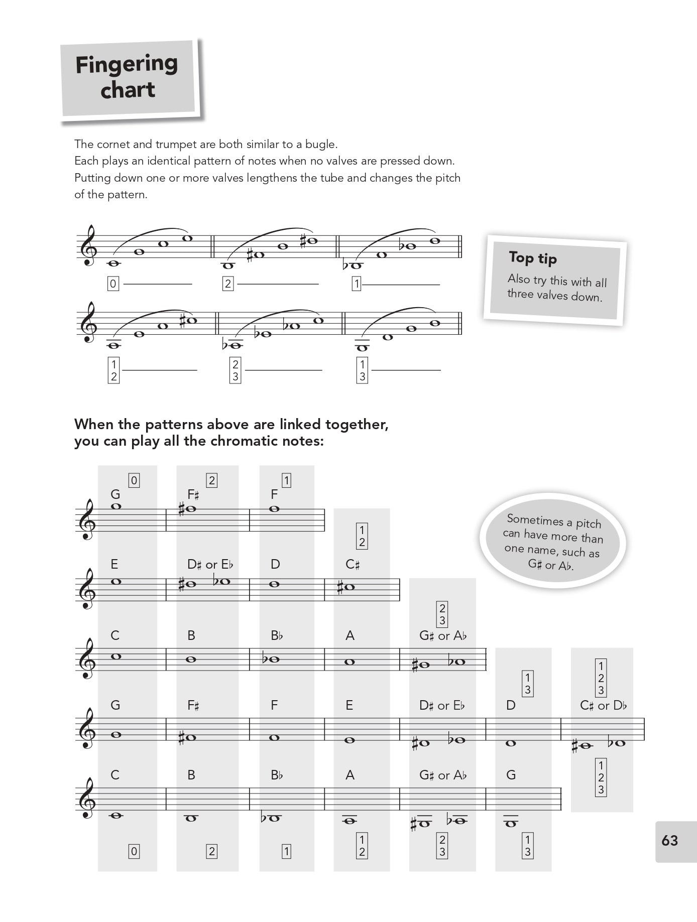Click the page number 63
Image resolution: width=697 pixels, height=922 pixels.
click(x=670, y=841)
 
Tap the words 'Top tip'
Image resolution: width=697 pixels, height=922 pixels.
click(x=532, y=258)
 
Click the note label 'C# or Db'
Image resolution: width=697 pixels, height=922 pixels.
click(x=603, y=705)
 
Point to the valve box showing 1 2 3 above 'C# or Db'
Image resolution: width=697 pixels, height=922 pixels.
click(x=601, y=678)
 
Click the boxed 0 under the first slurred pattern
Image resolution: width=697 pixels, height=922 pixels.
click(x=113, y=284)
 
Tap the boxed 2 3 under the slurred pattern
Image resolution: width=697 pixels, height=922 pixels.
click(x=236, y=370)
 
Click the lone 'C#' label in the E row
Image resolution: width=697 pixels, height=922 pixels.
click(x=353, y=565)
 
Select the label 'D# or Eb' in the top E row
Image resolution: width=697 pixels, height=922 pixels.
click(x=210, y=565)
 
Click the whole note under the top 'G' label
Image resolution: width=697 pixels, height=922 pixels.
click(x=116, y=507)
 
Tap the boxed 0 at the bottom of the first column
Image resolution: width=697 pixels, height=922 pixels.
click(x=134, y=851)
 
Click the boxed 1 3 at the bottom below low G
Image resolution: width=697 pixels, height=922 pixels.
click(x=527, y=845)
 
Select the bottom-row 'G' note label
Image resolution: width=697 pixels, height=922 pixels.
click(x=511, y=775)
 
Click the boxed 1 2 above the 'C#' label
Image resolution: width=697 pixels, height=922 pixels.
click(x=362, y=536)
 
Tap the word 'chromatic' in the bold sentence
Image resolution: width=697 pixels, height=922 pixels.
click(x=244, y=441)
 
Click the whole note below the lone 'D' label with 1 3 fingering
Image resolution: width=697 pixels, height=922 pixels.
click(x=511, y=743)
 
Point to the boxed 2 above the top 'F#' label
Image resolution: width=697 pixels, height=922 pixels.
click(x=211, y=480)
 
